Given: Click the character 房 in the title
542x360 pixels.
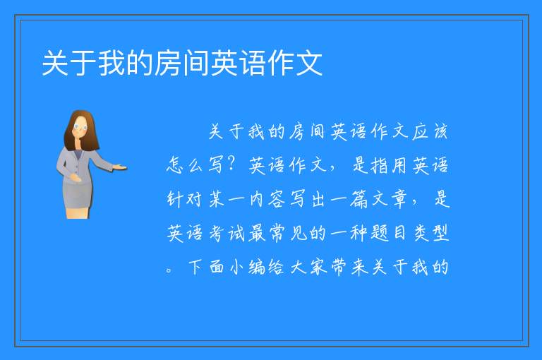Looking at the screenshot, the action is coord(168,63).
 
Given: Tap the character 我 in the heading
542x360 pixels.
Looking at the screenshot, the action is coord(112,63).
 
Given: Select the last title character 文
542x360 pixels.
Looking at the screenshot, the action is coord(308,63).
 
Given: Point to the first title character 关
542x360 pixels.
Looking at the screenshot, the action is coord(55,63).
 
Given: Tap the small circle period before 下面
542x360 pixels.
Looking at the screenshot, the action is coord(169,270).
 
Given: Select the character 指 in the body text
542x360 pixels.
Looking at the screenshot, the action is coord(379,165).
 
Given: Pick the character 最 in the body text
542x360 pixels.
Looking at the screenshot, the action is coord(257,233).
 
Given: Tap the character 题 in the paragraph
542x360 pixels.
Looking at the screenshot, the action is coord(379,233).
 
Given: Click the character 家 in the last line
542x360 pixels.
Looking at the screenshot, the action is coord(318,267).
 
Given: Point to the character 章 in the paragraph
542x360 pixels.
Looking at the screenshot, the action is coord(399,199).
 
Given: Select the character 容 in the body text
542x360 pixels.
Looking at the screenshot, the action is coord(277,199).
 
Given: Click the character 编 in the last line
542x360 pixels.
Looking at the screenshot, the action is coord(257,267).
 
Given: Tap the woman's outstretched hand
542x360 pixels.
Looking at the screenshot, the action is coord(120,168).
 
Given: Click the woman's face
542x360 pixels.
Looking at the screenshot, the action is coord(80,127).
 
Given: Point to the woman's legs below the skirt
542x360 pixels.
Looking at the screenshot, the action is coord(78,213).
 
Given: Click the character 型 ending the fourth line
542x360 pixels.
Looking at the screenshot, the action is coord(440,233).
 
